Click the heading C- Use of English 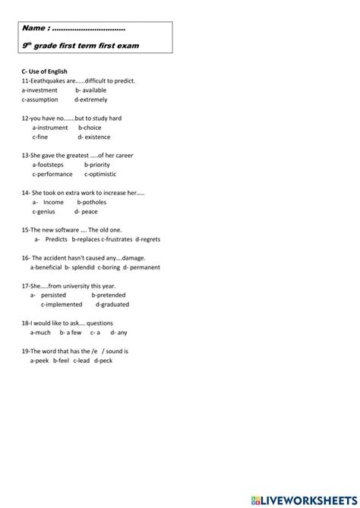click(x=45, y=71)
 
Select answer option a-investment click(x=39, y=90)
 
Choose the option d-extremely click(x=91, y=99)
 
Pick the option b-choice click(x=90, y=128)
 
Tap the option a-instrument click(x=50, y=128)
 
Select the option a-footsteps click(x=49, y=164)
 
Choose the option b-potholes click(x=92, y=202)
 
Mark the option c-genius click(x=47, y=212)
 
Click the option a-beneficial click(x=46, y=267)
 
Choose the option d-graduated click(x=115, y=304)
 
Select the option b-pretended click(x=109, y=295)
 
